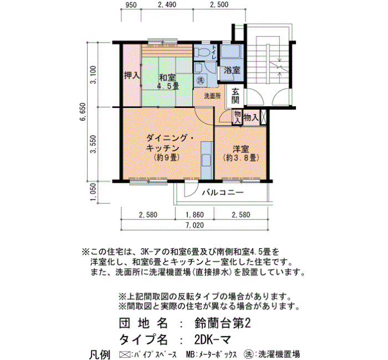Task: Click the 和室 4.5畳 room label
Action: click(167, 81)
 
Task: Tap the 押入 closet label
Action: click(132, 75)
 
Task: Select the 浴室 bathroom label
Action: click(232, 70)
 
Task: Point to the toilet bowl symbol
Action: click(201, 53)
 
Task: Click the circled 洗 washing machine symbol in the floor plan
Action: click(200, 80)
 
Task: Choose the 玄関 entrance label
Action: click(236, 96)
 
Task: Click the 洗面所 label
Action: click(212, 96)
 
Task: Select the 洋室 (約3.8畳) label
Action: click(241, 153)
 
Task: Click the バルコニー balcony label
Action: click(223, 192)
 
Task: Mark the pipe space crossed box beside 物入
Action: click(263, 117)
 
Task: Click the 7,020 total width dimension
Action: click(195, 225)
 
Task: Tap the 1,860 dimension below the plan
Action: click(195, 215)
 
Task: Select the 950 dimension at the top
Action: click(131, 4)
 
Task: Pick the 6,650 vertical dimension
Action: click(83, 111)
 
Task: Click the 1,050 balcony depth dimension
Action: click(94, 192)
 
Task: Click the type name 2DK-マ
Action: click(212, 340)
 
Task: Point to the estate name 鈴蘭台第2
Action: click(223, 323)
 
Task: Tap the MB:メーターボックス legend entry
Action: click(211, 354)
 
